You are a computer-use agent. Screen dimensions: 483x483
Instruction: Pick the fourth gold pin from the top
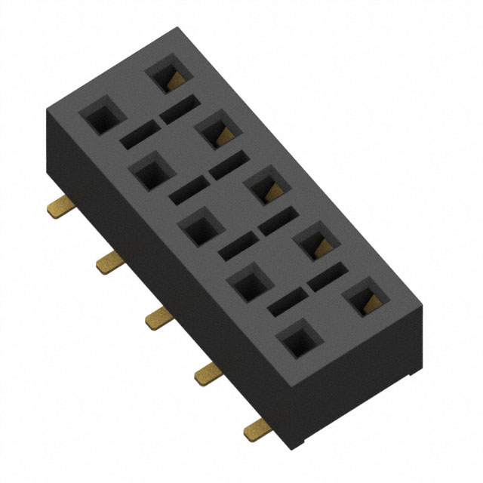pos(207,373)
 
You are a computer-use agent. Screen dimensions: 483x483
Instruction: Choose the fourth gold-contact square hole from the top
pos(313,241)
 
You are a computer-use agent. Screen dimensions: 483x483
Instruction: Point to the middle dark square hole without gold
pos(198,227)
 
